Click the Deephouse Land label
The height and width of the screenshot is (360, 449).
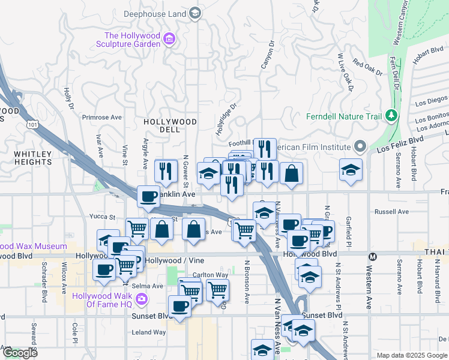[x=155, y=13]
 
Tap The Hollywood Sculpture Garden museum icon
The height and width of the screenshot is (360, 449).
[x=170, y=40]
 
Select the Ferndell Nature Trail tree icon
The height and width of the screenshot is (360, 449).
[x=391, y=114]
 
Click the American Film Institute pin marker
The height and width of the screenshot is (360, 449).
[x=360, y=146]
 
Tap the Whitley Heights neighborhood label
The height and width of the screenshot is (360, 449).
[x=33, y=158]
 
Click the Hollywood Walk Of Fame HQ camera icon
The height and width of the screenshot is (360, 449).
[x=141, y=298]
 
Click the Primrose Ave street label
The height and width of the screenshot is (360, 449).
[x=102, y=118]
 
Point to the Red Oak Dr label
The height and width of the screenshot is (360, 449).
[x=367, y=68]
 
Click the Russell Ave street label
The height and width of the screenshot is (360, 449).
[x=391, y=212]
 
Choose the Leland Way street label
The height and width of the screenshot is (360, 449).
[x=149, y=332]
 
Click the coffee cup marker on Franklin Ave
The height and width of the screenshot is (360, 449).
[x=148, y=196]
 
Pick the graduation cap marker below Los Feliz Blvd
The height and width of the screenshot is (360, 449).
[x=351, y=169]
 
